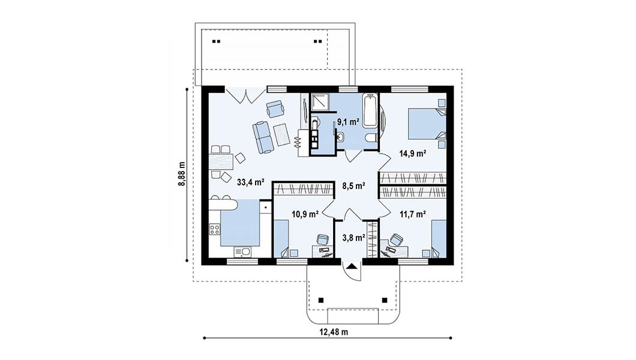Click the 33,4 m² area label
coord(250,182)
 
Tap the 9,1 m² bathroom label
coord(349,121)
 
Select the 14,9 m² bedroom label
coord(413,154)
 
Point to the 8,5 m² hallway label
coord(353,186)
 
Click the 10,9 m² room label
coord(305,214)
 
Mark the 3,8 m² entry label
coord(353,238)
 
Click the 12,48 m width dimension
coord(334,332)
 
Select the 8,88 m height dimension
coord(182,174)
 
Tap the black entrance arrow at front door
coord(351,266)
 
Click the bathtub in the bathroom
coord(370,110)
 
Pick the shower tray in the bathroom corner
coord(320,101)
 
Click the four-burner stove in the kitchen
coord(215,230)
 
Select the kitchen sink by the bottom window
coord(242,252)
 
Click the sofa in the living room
coord(263,137)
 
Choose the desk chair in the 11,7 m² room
coord(396,239)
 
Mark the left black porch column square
coord(321,301)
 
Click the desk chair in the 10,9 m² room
coord(322,239)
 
